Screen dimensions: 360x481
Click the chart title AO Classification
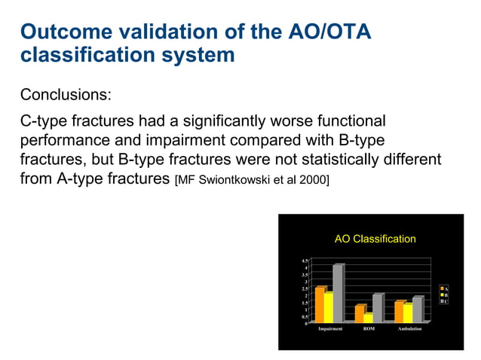tap(375, 239)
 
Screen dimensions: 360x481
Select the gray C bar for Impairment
tap(338, 294)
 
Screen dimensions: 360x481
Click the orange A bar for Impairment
tap(319, 305)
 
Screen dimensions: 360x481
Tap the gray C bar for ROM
tap(377, 308)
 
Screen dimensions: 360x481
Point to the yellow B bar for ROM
tap(367, 318)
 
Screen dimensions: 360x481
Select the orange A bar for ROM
tap(359, 314)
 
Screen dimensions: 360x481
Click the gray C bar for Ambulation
tap(417, 310)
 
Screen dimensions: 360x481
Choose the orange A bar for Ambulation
tap(399, 312)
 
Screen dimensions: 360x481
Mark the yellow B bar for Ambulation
tap(408, 313)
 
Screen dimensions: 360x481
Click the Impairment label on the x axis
tap(331, 329)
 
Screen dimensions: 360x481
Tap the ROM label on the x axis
tap(369, 329)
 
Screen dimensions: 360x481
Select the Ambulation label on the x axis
tap(409, 329)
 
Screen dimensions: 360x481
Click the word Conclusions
tap(66, 95)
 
